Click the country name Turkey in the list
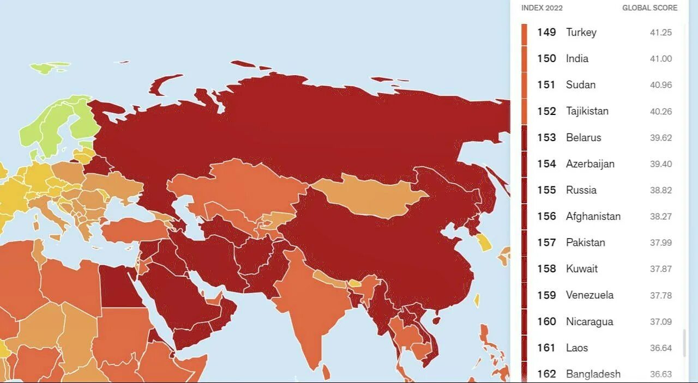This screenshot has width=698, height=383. (x=581, y=32)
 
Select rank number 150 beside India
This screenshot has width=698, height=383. (x=546, y=58)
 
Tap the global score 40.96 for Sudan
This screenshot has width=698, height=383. (x=661, y=85)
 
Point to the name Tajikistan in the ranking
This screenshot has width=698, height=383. (x=587, y=111)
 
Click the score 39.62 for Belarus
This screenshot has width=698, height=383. (x=661, y=138)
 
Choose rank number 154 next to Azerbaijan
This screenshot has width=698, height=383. (x=546, y=163)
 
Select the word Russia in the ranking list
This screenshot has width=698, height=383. (x=581, y=190)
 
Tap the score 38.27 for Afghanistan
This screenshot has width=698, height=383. (x=661, y=216)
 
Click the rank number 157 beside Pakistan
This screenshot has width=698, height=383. (x=546, y=242)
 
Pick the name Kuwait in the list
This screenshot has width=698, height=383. (x=582, y=269)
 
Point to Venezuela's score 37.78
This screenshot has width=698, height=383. (x=661, y=295)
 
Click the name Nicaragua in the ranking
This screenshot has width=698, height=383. (x=589, y=321)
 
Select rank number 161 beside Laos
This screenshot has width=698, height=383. (x=546, y=348)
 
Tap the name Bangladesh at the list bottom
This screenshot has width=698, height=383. (x=593, y=374)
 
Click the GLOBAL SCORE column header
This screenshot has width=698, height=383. (x=649, y=8)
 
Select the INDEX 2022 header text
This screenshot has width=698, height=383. (x=542, y=8)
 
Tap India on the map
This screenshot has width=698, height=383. (x=311, y=305)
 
